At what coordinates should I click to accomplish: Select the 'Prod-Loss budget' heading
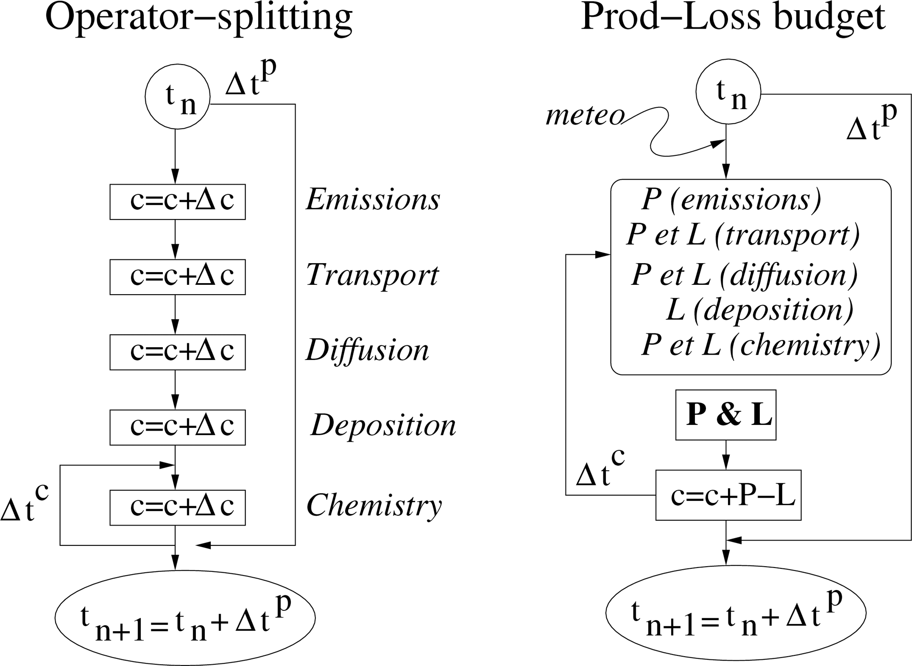[x=733, y=18]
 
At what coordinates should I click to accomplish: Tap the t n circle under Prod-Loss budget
[x=728, y=92]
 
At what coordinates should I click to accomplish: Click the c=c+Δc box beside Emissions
[x=177, y=201]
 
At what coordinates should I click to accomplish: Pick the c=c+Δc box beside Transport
[x=177, y=276]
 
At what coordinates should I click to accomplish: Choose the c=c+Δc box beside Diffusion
[x=177, y=352]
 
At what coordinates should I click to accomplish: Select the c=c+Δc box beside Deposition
[x=177, y=427]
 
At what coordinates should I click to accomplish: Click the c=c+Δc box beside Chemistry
[x=177, y=507]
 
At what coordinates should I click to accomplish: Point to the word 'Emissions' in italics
[x=373, y=200]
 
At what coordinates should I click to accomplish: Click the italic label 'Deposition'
[x=383, y=426]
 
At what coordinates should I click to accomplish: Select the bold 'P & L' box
[x=726, y=415]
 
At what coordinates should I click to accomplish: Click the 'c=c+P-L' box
[x=728, y=495]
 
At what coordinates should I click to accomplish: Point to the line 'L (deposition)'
[x=759, y=310]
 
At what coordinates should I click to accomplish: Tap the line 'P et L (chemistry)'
[x=760, y=345]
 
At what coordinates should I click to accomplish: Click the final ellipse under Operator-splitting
[x=185, y=617]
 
